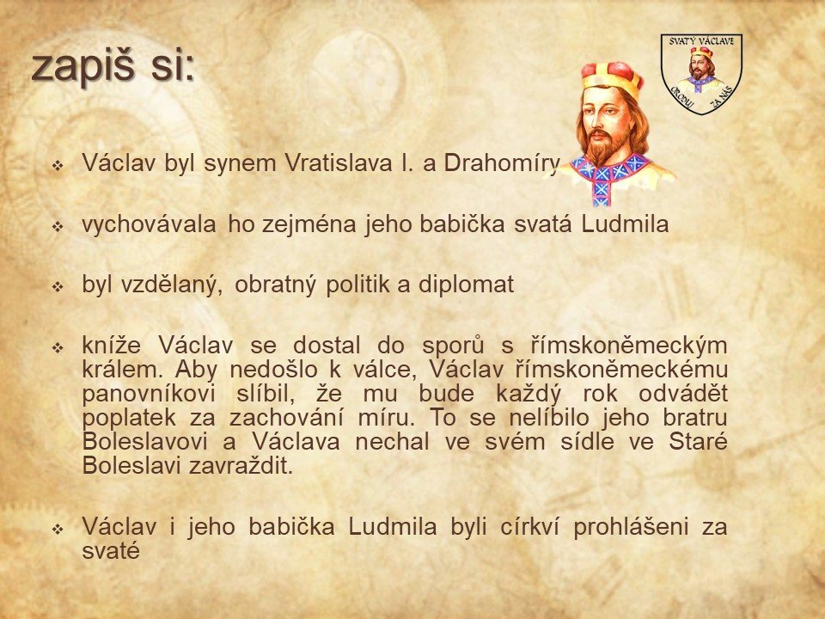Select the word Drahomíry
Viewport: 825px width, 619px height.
(501, 163)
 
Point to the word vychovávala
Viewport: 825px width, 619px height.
(149, 224)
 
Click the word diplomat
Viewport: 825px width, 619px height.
(466, 285)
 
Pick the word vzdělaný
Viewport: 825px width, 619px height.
(170, 285)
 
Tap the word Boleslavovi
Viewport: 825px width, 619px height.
(145, 442)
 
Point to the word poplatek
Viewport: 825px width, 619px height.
(129, 418)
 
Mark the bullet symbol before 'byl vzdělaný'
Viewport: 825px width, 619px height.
(58, 287)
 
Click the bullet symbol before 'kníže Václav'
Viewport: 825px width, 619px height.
(58, 348)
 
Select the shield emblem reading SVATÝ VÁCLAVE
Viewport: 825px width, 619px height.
(701, 74)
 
